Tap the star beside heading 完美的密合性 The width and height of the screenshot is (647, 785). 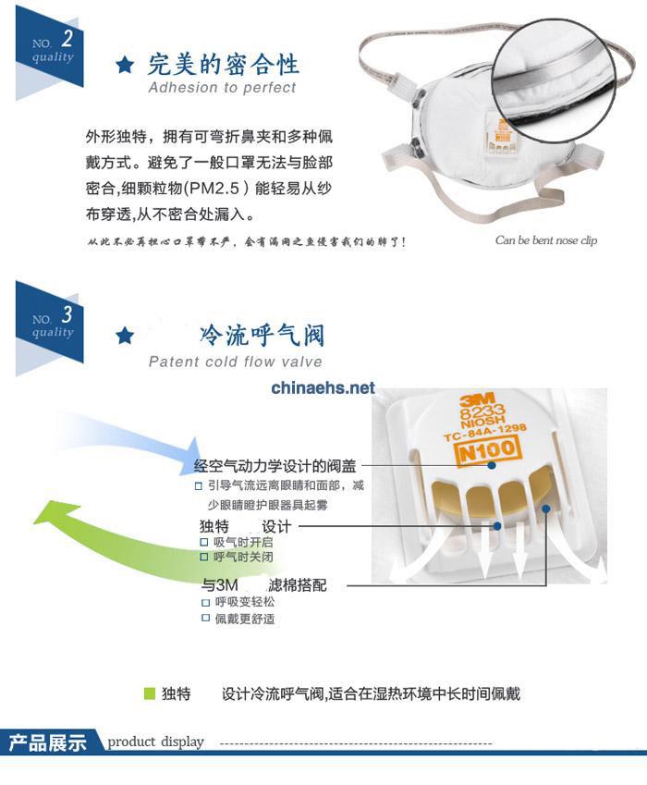125,65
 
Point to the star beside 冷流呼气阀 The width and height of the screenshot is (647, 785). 125,335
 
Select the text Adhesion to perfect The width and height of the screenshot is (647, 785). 222,88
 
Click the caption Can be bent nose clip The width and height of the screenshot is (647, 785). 545,240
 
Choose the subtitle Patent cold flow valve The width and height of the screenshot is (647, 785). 235,362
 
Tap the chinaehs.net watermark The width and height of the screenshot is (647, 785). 323,387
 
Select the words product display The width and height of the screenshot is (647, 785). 155,742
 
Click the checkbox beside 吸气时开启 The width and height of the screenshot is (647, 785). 205,542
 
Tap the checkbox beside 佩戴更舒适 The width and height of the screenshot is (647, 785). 206,618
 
